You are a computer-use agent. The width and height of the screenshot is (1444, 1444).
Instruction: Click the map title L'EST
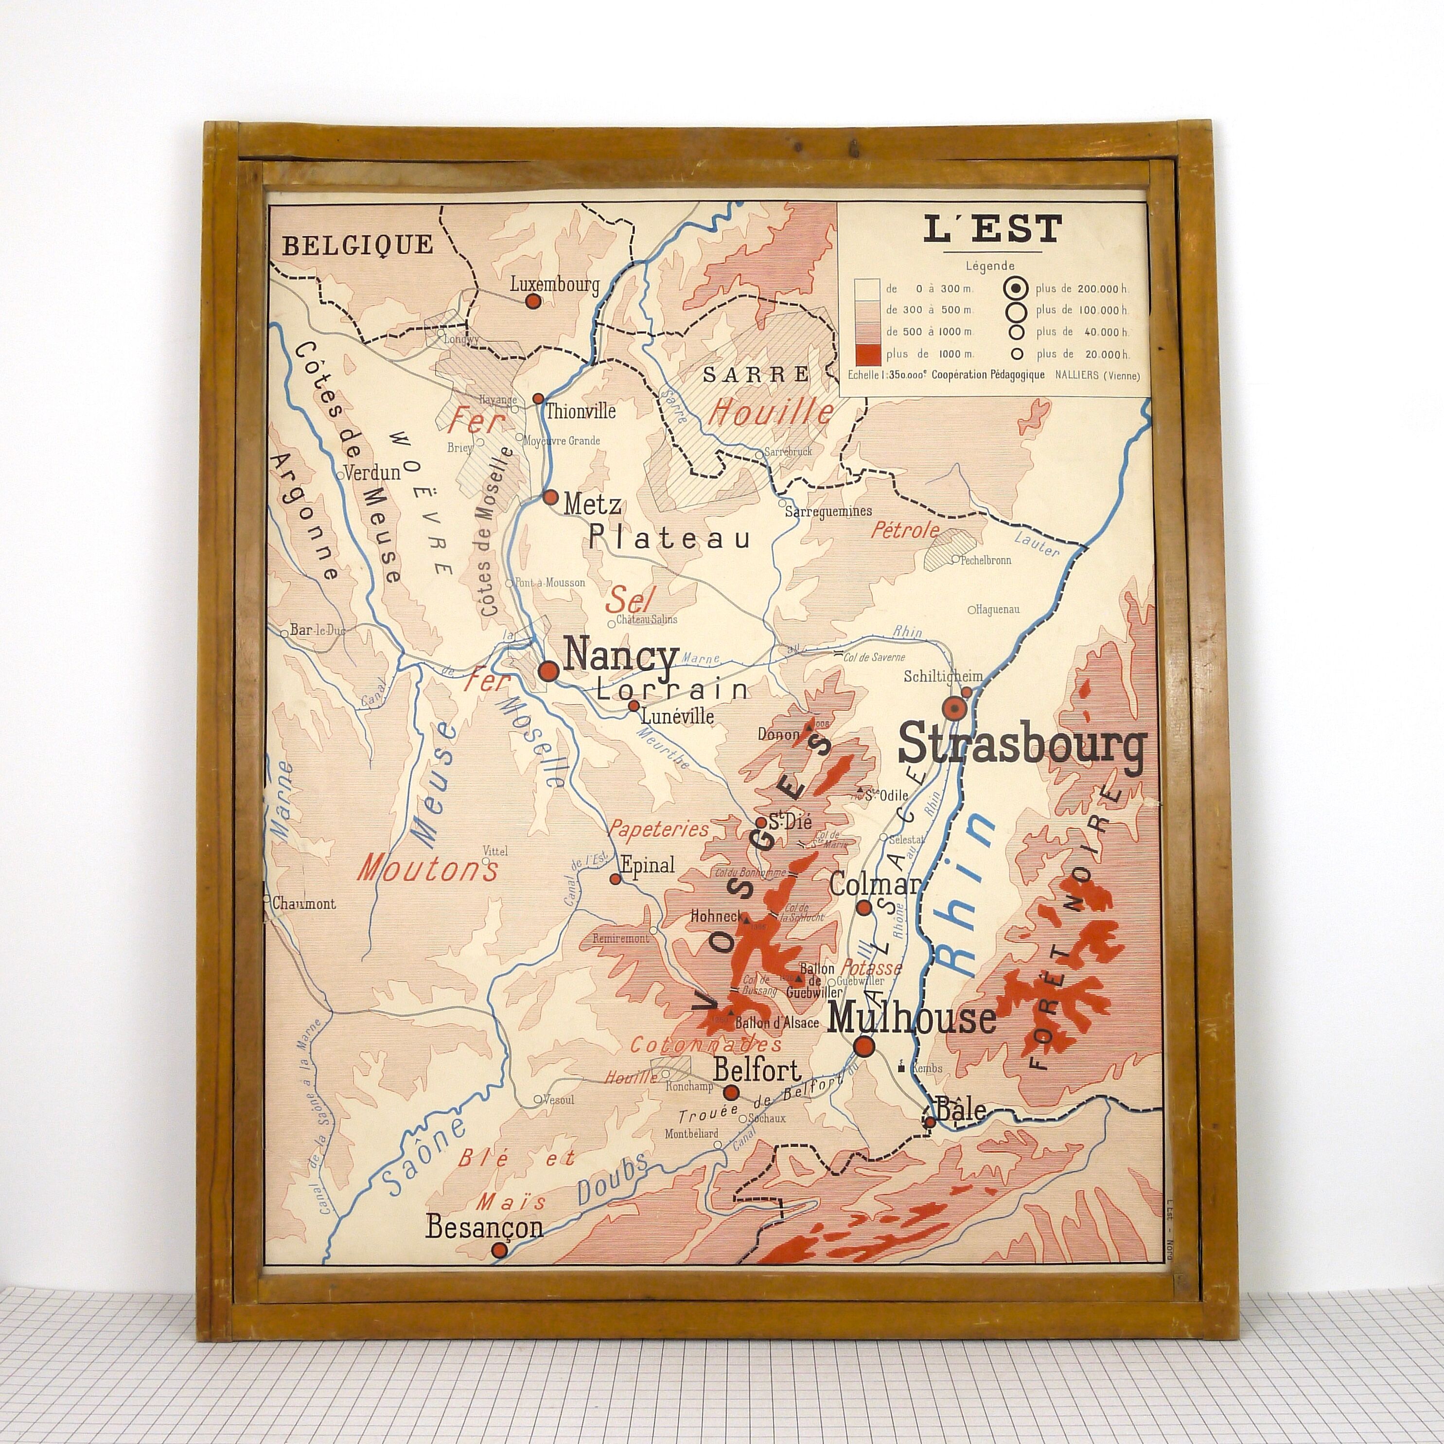(x=992, y=229)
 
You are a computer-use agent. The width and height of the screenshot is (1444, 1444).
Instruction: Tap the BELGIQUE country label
(x=357, y=245)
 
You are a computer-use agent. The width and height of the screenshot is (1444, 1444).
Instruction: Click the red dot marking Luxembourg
(x=533, y=301)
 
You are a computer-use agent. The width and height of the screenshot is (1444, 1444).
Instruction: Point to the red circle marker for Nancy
(x=548, y=670)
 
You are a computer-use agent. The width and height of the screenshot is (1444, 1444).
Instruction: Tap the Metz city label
(x=592, y=505)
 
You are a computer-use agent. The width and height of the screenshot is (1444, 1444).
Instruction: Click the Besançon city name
(x=484, y=1227)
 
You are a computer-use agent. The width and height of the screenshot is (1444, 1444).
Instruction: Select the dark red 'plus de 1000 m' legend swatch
(x=868, y=353)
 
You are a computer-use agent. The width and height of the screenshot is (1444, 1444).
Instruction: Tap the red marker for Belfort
(x=732, y=1092)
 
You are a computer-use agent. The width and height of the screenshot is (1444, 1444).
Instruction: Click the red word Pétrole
(x=905, y=530)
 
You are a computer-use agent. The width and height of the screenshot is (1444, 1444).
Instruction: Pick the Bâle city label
(x=961, y=1110)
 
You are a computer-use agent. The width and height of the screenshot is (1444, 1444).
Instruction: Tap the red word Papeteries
(x=658, y=829)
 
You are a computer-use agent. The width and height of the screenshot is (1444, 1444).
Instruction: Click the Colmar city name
(x=875, y=885)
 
